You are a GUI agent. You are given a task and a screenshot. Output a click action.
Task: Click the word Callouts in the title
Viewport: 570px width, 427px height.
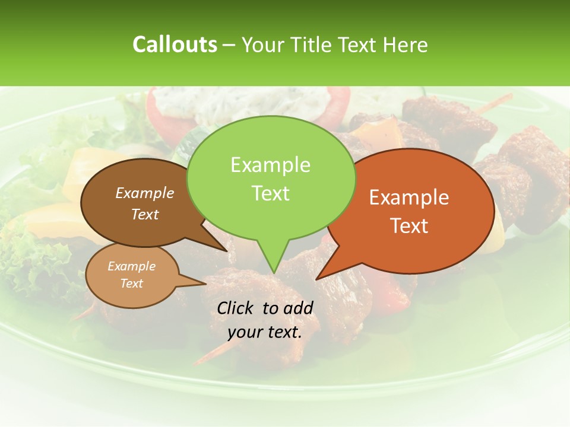(x=175, y=44)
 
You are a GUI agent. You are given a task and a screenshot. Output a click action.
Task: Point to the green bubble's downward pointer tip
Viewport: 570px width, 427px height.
(x=273, y=272)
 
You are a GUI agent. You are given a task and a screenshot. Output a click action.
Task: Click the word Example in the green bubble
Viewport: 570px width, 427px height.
(x=270, y=165)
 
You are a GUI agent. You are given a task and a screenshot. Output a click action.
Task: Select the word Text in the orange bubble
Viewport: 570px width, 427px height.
(x=410, y=226)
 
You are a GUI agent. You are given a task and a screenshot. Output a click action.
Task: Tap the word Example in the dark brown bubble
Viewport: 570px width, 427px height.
(x=145, y=193)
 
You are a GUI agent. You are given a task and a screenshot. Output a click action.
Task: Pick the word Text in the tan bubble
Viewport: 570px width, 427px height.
(x=132, y=283)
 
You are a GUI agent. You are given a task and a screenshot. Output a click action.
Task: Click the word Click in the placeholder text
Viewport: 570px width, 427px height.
(x=235, y=308)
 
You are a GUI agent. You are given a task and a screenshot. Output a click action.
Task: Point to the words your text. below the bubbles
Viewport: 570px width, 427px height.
(x=265, y=333)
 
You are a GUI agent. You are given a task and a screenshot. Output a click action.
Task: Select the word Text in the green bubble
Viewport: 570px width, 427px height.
(x=271, y=193)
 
